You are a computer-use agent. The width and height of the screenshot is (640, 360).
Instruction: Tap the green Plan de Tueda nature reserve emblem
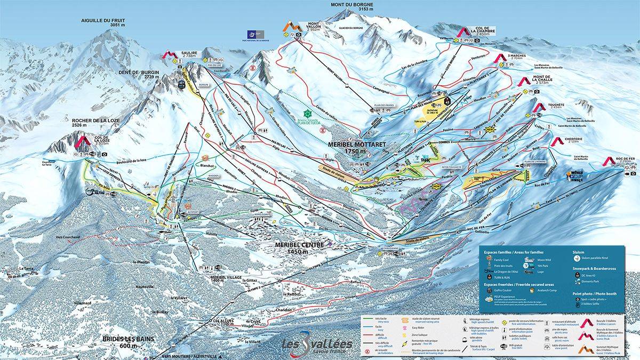point(308,114)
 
